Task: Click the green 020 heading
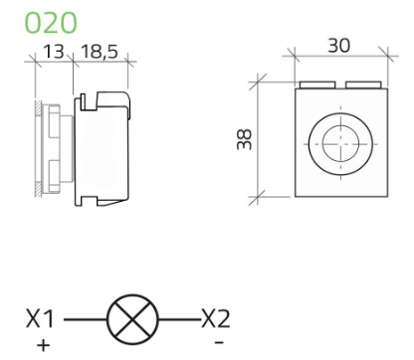[x=51, y=23]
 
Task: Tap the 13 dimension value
[x=53, y=52]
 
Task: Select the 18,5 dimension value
[x=100, y=52]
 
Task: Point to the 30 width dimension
[x=338, y=46]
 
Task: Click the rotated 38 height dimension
[x=245, y=139]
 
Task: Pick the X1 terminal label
[x=40, y=318]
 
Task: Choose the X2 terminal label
[x=216, y=318]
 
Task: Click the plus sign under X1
[x=43, y=346]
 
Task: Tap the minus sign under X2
[x=219, y=342]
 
